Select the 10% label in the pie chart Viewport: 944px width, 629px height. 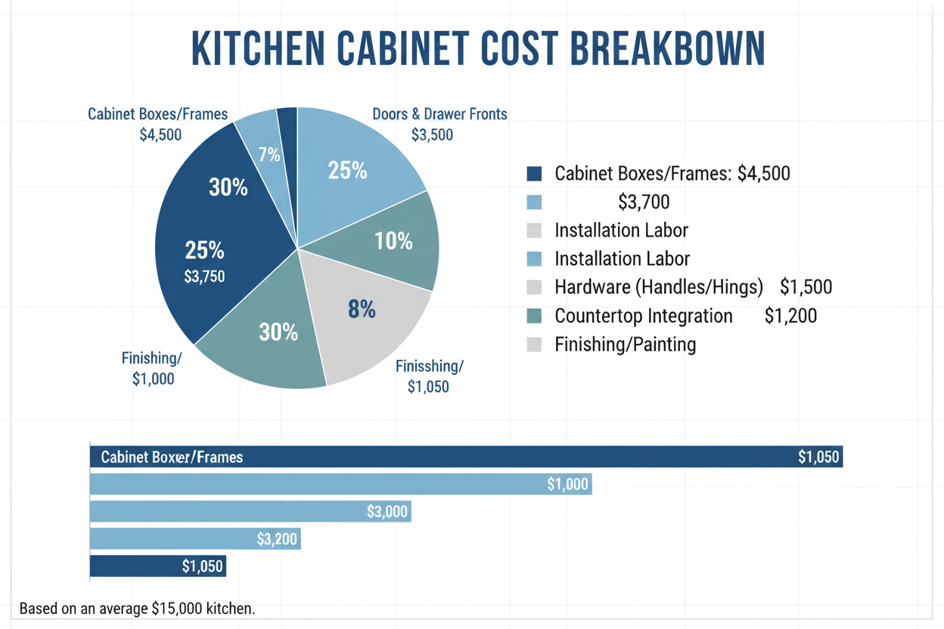[393, 241]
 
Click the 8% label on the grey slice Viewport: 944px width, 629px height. [362, 308]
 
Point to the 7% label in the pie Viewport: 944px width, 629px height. [269, 155]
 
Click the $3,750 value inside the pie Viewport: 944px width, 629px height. [204, 277]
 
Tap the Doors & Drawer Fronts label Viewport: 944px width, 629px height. [439, 114]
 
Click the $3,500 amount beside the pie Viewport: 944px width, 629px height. [432, 135]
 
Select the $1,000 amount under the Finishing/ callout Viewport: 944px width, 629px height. [153, 380]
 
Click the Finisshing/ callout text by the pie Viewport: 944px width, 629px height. [429, 366]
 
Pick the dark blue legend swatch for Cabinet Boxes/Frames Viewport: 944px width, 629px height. [534, 174]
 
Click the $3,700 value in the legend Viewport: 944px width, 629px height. [643, 202]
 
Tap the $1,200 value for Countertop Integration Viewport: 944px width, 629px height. [790, 316]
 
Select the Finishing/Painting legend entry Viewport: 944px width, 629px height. [625, 345]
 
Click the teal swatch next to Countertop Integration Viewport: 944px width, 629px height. [534, 316]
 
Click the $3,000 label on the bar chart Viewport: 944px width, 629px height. [387, 512]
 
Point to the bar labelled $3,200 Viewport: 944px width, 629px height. [195, 539]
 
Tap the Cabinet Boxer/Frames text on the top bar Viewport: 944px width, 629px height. [172, 457]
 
